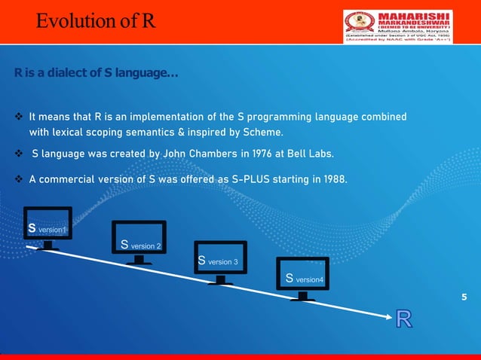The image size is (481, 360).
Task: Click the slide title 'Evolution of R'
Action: point(96,20)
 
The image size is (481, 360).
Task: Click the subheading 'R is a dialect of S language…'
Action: point(96,75)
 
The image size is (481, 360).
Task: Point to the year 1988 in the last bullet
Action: point(334,180)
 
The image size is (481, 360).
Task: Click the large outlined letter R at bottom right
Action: point(403,319)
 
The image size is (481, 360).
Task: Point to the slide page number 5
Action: point(464,297)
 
